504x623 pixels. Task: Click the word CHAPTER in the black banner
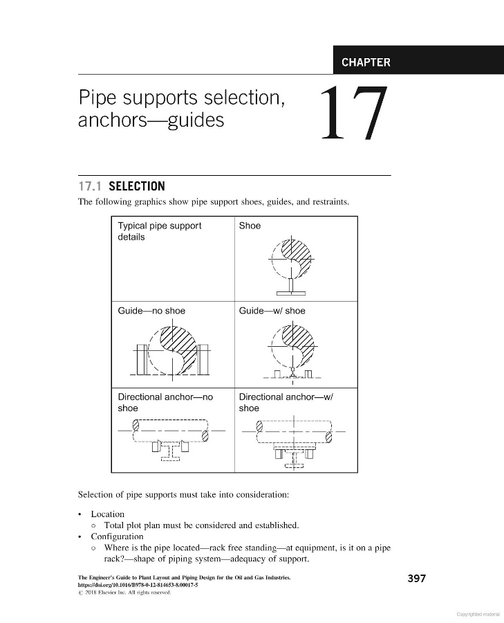(x=366, y=62)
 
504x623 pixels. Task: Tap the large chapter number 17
(x=352, y=114)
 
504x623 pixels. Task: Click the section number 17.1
(x=91, y=186)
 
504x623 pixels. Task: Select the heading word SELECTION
(x=137, y=186)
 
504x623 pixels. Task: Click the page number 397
(x=416, y=579)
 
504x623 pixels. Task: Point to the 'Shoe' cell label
(x=250, y=226)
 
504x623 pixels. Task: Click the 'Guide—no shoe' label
(x=151, y=311)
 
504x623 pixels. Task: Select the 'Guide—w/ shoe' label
(x=272, y=311)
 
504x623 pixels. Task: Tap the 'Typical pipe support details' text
(x=160, y=231)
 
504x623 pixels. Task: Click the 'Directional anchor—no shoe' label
(x=165, y=402)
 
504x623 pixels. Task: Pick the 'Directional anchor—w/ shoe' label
(x=286, y=402)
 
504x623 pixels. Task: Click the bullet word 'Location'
(x=108, y=514)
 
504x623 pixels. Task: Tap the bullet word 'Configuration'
(x=117, y=536)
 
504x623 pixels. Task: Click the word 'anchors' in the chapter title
(x=112, y=120)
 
